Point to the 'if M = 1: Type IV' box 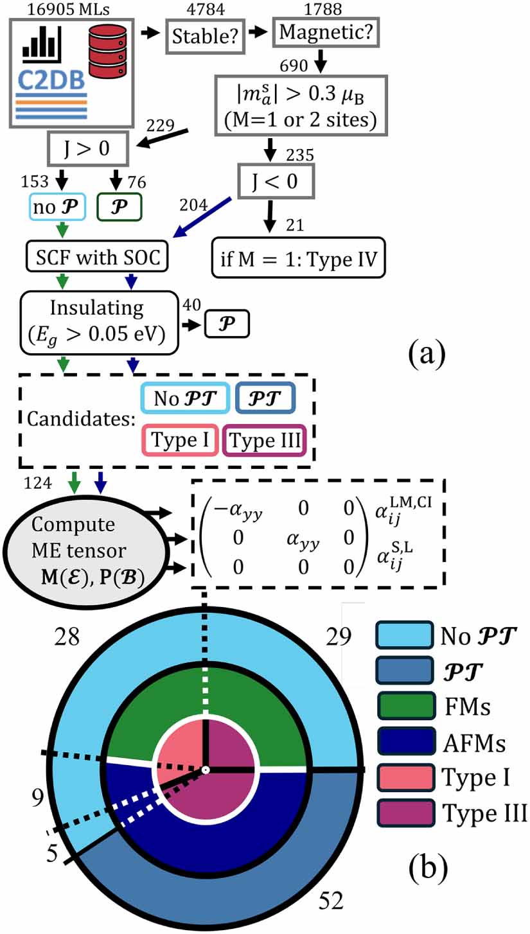point(299,260)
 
